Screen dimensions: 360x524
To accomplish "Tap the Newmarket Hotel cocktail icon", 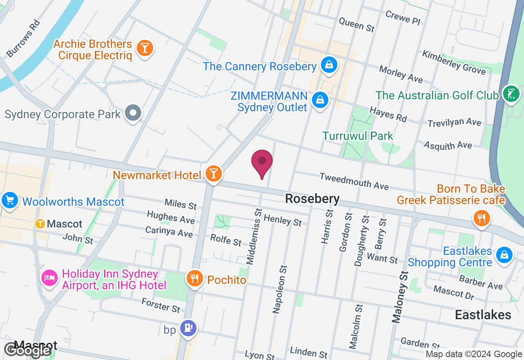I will [x=213, y=173].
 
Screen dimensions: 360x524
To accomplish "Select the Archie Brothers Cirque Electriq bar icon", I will [x=144, y=48].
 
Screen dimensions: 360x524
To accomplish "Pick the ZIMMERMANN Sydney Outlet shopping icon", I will [x=320, y=99].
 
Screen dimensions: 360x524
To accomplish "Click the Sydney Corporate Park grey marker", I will [x=133, y=112].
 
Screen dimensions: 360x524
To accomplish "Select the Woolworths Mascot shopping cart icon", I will [x=9, y=200].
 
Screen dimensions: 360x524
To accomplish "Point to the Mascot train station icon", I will [x=40, y=223].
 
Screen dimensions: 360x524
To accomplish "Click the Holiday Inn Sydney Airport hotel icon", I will [x=49, y=278].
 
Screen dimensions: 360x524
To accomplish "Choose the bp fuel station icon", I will [x=188, y=328].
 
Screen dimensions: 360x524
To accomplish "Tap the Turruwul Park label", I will [x=357, y=136].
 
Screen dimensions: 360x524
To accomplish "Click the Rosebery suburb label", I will [x=312, y=199].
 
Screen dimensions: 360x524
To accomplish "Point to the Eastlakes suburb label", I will [x=483, y=314].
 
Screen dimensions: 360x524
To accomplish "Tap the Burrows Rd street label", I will [x=23, y=38].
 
